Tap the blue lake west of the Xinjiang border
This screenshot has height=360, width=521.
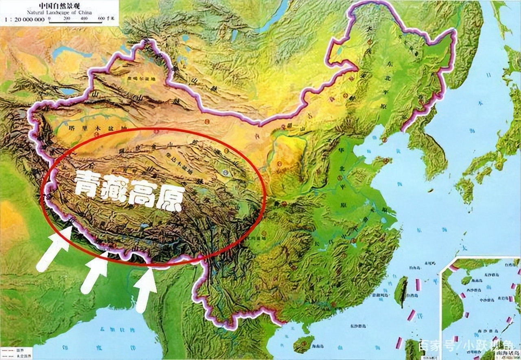[65, 50]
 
